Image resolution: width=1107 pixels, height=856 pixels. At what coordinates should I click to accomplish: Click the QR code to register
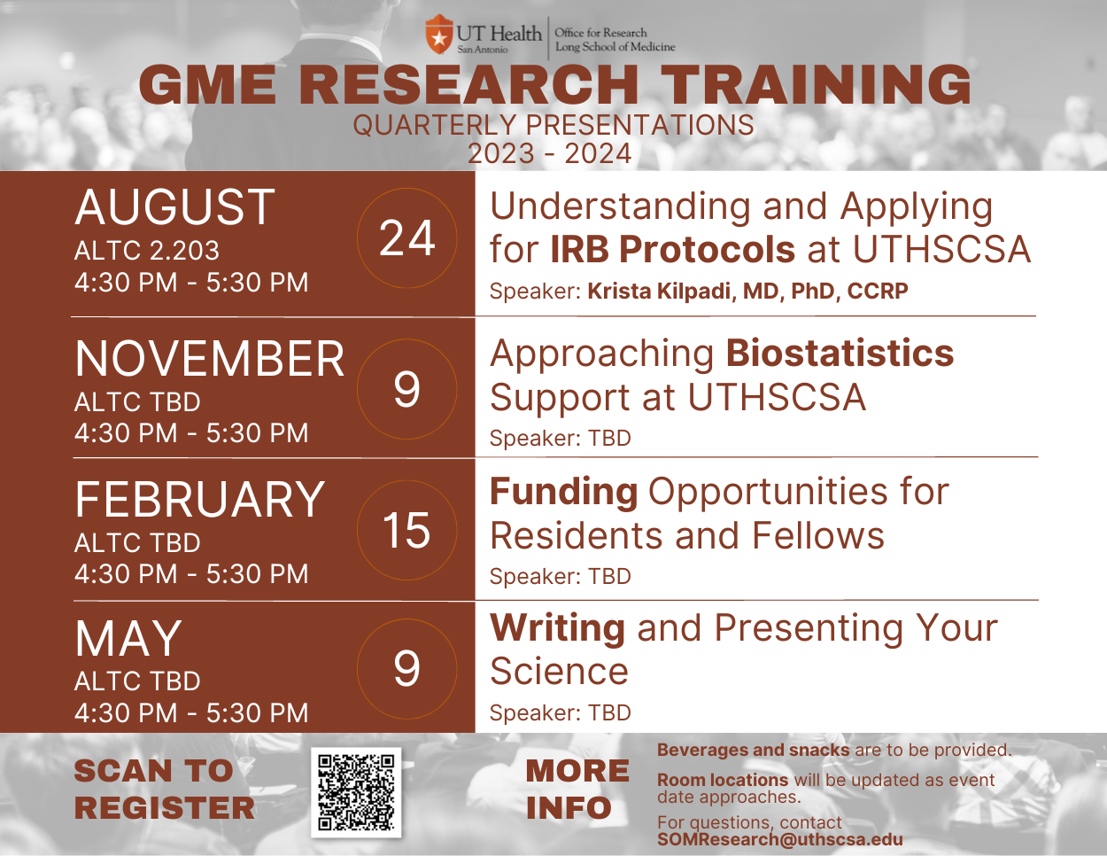[x=356, y=792]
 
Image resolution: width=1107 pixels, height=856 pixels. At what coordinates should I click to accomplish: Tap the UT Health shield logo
[x=438, y=35]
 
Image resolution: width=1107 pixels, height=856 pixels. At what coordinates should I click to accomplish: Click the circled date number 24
[x=407, y=238]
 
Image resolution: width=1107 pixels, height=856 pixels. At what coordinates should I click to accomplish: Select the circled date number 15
[x=407, y=530]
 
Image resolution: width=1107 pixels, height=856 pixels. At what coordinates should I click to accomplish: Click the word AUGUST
[x=174, y=206]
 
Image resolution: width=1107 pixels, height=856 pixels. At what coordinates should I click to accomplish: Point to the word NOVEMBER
[x=210, y=359]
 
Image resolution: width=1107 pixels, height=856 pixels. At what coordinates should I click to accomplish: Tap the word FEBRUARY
[x=199, y=500]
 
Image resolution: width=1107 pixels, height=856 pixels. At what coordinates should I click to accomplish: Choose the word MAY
[x=128, y=638]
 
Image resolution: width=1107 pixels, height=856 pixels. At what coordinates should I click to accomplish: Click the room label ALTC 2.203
[x=147, y=251]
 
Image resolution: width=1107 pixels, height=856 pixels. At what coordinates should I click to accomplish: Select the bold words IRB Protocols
[x=672, y=249]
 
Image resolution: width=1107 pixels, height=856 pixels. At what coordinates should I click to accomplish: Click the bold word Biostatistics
[x=840, y=353]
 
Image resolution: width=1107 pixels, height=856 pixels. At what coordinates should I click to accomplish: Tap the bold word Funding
[x=564, y=492]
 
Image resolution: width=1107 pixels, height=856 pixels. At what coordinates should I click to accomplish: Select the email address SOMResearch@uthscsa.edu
[x=779, y=838]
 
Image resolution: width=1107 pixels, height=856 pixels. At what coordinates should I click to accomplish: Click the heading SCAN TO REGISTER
[x=164, y=790]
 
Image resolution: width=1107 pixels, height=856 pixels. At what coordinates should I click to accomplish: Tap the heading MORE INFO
[x=577, y=790]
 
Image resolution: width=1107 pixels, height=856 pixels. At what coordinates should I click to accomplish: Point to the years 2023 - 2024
[x=550, y=153]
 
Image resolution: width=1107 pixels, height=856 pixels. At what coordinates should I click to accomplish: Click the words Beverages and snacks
[x=753, y=750]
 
